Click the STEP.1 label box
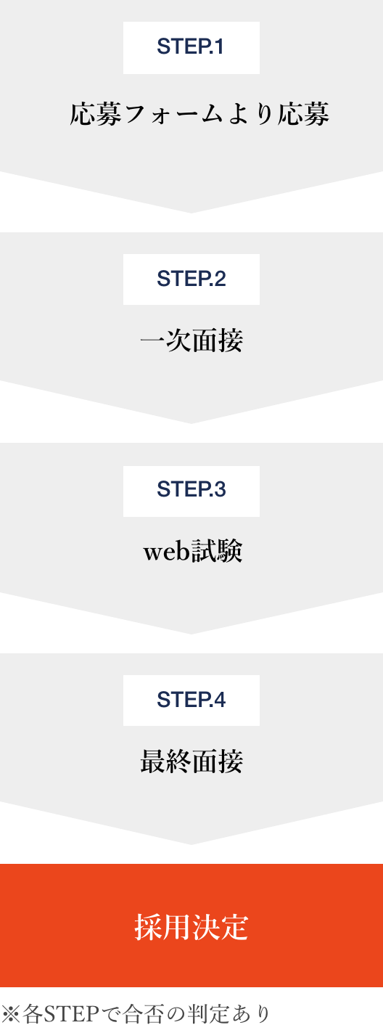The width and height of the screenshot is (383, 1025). (191, 48)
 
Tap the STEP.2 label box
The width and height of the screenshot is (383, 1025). (191, 279)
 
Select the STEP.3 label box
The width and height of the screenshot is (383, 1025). (191, 491)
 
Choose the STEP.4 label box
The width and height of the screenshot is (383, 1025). (191, 700)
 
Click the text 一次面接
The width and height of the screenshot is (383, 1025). (191, 340)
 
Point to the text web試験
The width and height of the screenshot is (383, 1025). (193, 551)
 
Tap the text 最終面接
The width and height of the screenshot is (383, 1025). (191, 761)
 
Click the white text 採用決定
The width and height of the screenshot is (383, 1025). (191, 927)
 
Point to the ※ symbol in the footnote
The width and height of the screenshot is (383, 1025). (10, 1013)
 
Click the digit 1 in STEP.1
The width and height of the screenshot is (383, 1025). (219, 46)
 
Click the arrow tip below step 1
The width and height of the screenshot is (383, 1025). (191, 213)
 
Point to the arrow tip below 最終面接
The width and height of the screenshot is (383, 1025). (191, 844)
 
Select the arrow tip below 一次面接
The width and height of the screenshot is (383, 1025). (191, 423)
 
